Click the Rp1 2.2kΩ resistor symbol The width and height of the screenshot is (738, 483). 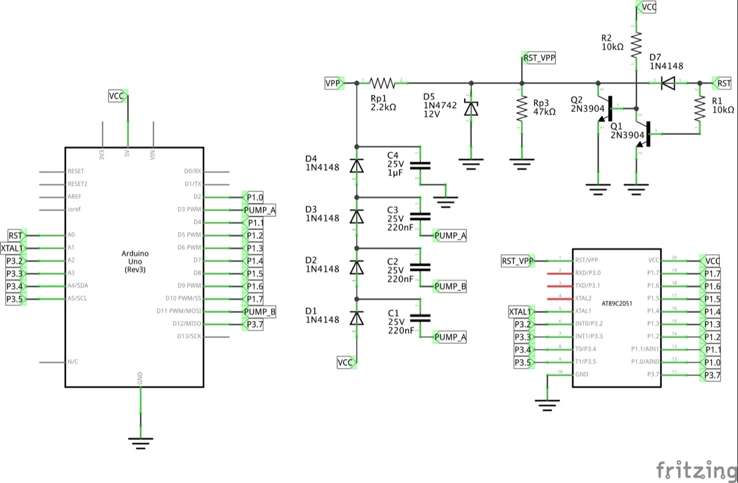pos(382,84)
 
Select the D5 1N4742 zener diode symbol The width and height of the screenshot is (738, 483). pos(472,108)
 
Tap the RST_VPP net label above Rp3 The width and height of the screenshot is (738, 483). pos(539,58)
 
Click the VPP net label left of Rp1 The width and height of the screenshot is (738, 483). pos(333,84)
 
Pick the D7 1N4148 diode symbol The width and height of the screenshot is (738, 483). pos(668,84)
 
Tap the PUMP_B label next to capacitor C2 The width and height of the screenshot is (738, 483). pos(450,286)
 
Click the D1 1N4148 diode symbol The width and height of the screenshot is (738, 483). pos(357,318)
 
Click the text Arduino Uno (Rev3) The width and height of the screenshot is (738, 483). pos(135,261)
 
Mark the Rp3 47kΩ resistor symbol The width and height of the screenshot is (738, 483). pos(521,108)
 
